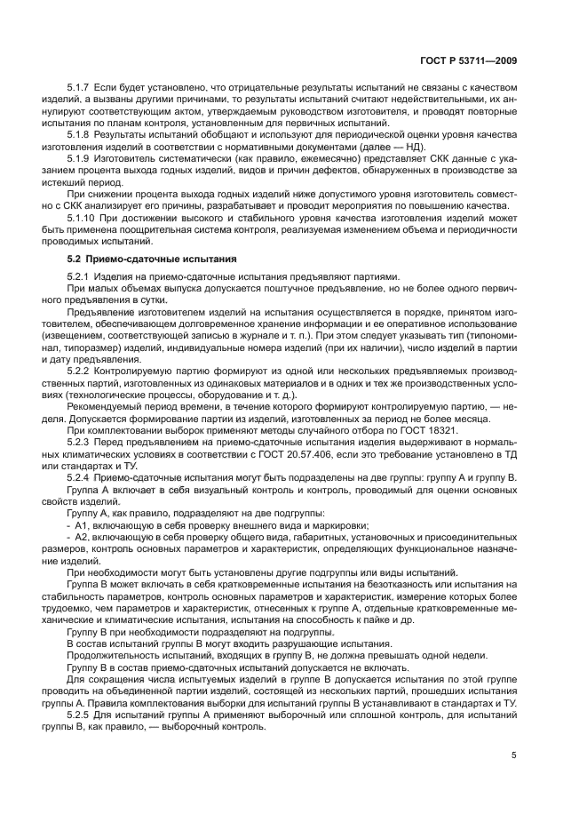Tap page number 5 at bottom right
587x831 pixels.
tap(514, 755)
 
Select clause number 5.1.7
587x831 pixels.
tap(80, 90)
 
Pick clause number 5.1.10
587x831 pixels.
tap(83, 219)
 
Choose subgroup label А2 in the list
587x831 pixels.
tap(81, 539)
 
